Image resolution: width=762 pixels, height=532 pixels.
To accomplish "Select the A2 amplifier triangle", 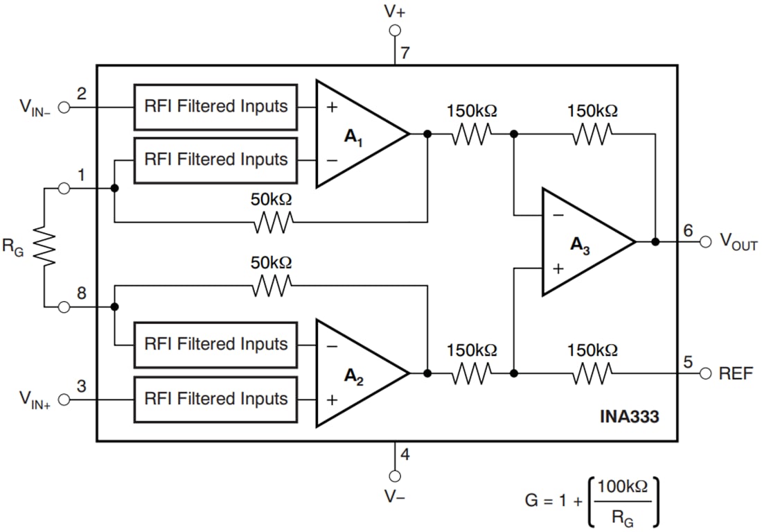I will click(x=357, y=373).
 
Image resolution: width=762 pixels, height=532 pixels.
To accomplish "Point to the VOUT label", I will click(x=738, y=242).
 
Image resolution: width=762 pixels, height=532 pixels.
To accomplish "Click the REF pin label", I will click(x=736, y=374).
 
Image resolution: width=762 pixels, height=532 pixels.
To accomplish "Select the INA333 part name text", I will click(x=629, y=417).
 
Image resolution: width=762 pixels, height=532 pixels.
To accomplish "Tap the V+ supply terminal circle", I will click(x=395, y=31).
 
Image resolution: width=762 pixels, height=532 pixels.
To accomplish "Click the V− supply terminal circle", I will click(x=395, y=476).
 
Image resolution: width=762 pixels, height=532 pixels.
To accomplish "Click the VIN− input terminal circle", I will click(x=64, y=108).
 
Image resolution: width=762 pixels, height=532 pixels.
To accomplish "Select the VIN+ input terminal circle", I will click(x=64, y=400).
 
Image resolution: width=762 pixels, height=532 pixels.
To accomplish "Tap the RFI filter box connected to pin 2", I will click(x=215, y=107).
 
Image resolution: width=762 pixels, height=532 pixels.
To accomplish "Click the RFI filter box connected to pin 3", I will click(x=215, y=399).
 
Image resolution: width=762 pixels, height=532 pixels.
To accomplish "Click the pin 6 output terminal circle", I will click(x=705, y=242).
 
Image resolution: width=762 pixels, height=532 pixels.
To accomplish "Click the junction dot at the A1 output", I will click(x=427, y=134).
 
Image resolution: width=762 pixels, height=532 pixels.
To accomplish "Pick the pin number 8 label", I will click(x=82, y=293).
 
